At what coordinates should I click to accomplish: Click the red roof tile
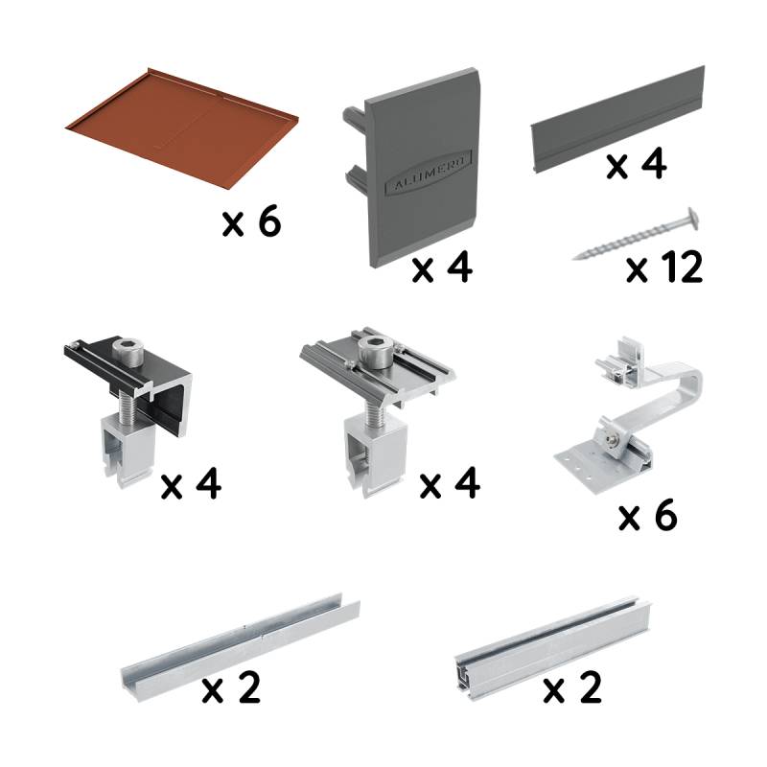coord(182,125)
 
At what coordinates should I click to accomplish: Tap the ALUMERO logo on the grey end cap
coord(421,181)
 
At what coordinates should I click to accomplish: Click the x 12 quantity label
coord(664,268)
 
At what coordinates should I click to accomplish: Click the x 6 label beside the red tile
coord(251,223)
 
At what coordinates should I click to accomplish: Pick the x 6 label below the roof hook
coord(647,517)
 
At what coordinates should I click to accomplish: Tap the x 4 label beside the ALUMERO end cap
coord(442,269)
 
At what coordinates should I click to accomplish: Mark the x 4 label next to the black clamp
coord(191,485)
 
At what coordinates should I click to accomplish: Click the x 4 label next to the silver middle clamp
coord(450,485)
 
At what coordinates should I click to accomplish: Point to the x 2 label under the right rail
coord(572,689)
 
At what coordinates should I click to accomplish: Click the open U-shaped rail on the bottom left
coord(240,642)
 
